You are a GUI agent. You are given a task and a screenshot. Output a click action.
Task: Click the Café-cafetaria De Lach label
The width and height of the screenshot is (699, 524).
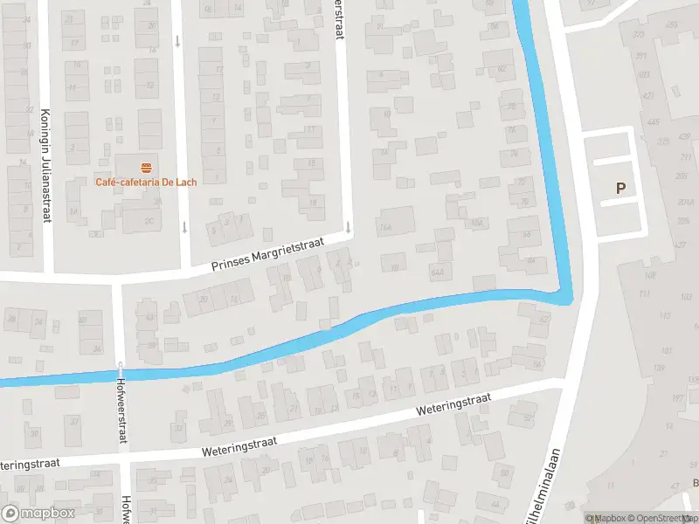point(146,182)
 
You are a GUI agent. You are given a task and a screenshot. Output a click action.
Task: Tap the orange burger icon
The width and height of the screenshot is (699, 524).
point(146,165)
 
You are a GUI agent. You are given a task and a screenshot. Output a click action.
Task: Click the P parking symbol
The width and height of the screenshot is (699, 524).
point(621,188)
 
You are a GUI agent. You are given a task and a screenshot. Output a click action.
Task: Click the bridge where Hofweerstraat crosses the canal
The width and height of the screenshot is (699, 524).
point(121,368)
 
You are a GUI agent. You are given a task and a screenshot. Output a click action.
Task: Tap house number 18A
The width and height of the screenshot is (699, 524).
point(477,224)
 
